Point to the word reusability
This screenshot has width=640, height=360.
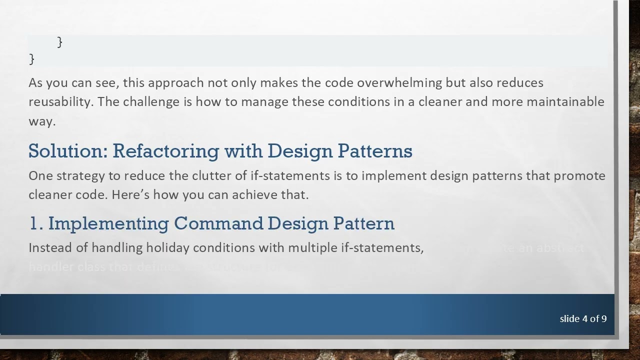pyautogui.click(x=60, y=102)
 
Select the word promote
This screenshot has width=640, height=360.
pyautogui.click(x=579, y=176)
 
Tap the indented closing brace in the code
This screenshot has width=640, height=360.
pyautogui.click(x=60, y=42)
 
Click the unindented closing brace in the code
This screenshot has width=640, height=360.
pyautogui.click(x=32, y=59)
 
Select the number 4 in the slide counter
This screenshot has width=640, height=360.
pyautogui.click(x=585, y=319)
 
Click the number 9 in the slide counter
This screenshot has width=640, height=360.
pyautogui.click(x=604, y=319)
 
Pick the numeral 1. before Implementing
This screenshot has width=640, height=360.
pyautogui.click(x=36, y=223)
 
